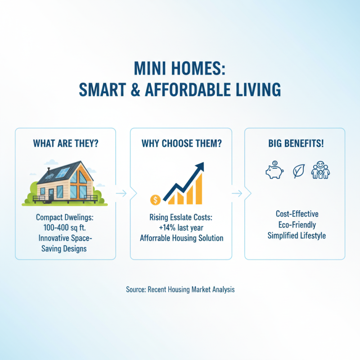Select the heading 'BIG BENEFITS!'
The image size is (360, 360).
[x=295, y=144]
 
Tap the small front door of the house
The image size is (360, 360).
[x=52, y=194]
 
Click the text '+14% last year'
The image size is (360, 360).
[x=181, y=228]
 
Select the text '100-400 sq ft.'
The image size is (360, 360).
[x=65, y=228]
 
